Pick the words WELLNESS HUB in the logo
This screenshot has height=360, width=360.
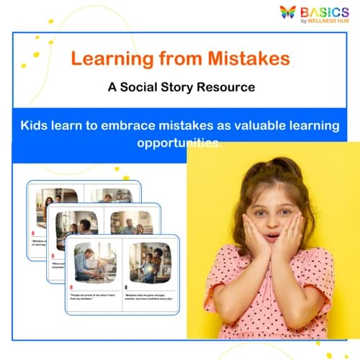tap(333, 22)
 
